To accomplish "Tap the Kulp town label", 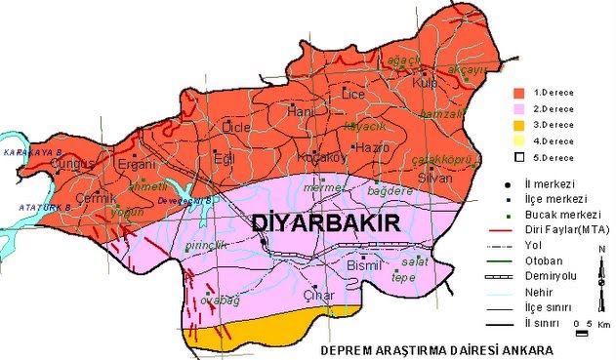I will pyautogui.click(x=425, y=84).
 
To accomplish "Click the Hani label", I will pyautogui.click(x=303, y=113).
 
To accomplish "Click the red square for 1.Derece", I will pyautogui.click(x=520, y=92).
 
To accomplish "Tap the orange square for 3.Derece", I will pyautogui.click(x=520, y=125).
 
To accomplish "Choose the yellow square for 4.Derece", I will pyautogui.click(x=520, y=141).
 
